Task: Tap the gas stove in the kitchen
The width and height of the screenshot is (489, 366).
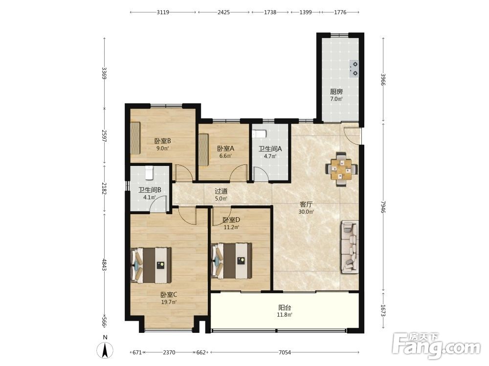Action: tap(354, 69)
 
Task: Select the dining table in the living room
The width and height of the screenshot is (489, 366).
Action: tap(341, 170)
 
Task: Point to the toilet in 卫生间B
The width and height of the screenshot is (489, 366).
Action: tap(149, 173)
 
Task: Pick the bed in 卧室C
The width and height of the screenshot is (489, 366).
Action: tap(151, 265)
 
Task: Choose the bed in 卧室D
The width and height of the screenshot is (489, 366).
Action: tap(231, 261)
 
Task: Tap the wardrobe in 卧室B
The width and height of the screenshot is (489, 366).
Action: tap(135, 138)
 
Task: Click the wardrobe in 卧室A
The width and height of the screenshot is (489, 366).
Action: tap(203, 150)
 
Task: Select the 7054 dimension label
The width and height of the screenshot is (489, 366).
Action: tap(285, 352)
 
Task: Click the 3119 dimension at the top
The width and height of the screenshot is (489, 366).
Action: tap(163, 12)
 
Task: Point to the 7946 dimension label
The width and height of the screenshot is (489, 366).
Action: tap(383, 207)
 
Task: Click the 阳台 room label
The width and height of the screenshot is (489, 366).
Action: tap(285, 307)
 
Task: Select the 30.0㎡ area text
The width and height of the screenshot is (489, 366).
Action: tap(306, 212)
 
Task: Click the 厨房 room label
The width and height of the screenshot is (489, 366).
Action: tap(336, 92)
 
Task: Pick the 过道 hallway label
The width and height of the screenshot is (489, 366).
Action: tap(221, 191)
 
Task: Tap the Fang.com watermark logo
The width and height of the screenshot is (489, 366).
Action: tap(436, 346)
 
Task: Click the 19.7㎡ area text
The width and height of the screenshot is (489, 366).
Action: tap(169, 302)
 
